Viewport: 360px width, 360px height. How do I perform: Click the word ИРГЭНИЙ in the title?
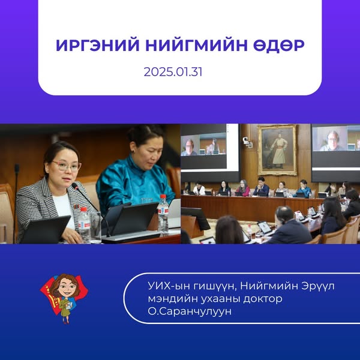click(98, 45)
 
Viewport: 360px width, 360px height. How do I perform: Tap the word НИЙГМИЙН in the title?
click(196, 45)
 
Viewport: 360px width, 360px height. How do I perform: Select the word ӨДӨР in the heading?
click(279, 46)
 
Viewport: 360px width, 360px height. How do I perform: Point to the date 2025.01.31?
click(173, 72)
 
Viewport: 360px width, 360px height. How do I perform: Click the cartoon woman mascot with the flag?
click(64, 298)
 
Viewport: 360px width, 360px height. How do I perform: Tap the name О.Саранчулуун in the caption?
click(190, 311)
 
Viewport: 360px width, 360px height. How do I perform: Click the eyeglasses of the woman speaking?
click(67, 166)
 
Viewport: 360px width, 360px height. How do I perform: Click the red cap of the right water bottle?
click(163, 197)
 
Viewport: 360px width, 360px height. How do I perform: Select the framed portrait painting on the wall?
click(277, 149)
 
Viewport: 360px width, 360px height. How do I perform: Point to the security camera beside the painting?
click(247, 142)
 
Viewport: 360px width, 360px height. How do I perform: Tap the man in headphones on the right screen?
click(332, 140)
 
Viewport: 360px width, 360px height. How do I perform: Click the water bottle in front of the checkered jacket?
click(85, 225)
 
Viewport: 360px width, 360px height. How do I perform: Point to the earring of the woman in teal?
click(133, 151)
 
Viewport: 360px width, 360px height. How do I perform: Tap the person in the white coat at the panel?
click(199, 189)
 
